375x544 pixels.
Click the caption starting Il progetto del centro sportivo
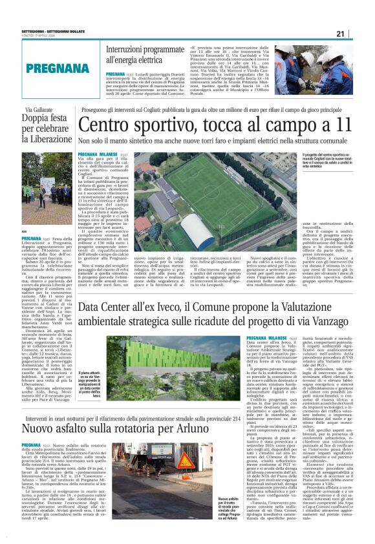[327, 160]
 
